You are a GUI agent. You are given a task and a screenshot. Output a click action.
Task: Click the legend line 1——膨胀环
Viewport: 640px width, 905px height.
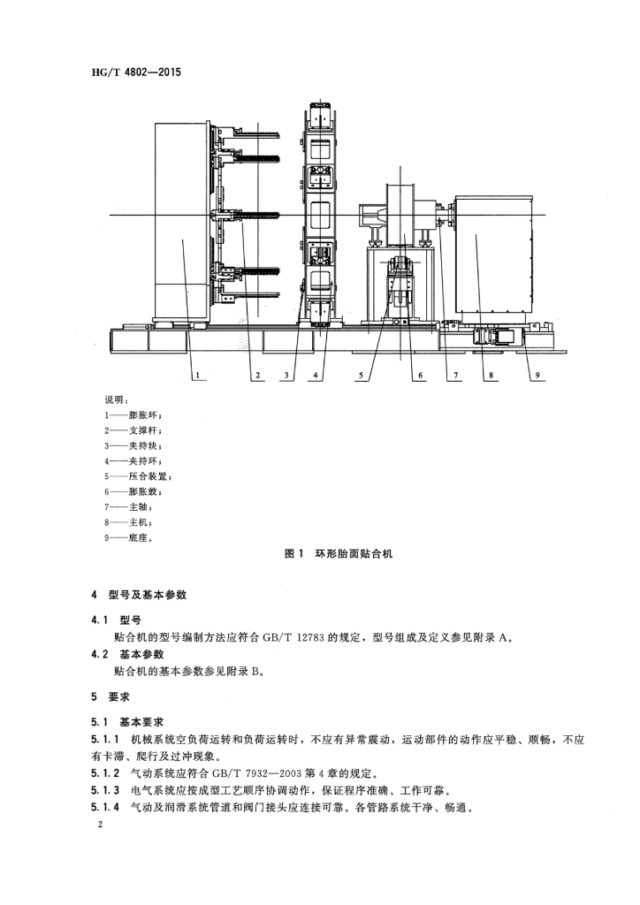point(133,414)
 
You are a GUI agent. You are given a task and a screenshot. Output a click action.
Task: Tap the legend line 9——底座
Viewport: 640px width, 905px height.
point(133,536)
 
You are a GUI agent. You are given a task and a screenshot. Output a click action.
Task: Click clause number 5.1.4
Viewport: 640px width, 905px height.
point(106,806)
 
